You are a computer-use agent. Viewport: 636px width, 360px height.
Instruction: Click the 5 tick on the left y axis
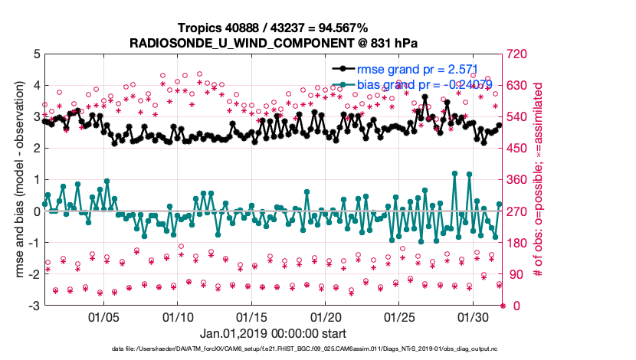click(x=35, y=54)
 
